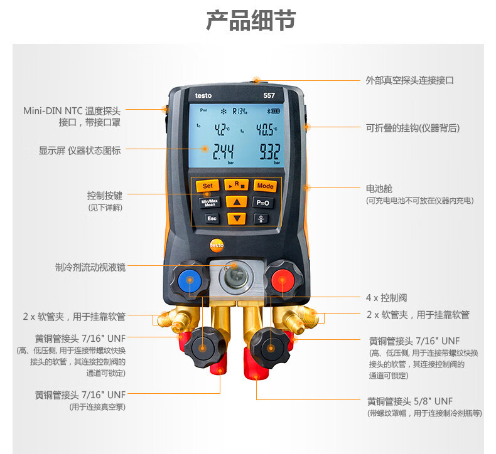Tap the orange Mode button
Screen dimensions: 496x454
pos(265,186)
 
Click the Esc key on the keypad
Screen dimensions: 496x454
pos(212,218)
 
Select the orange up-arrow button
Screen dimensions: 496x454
pos(237,201)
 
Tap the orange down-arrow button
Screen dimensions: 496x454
pos(237,218)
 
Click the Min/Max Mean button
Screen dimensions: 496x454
pos(210,202)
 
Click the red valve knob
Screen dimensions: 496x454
pos(283,280)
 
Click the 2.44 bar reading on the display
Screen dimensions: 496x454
pos(223,152)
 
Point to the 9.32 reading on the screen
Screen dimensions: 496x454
pos(270,152)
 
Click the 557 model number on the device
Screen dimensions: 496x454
pos(269,95)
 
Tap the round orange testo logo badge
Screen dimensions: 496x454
pos(217,245)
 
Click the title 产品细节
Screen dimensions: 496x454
pos(251,20)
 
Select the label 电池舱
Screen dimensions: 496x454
pos(379,189)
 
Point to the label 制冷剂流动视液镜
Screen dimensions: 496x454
pos(90,267)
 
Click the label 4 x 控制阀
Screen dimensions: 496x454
pos(387,298)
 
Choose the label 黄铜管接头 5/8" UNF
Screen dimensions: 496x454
pos(410,401)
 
